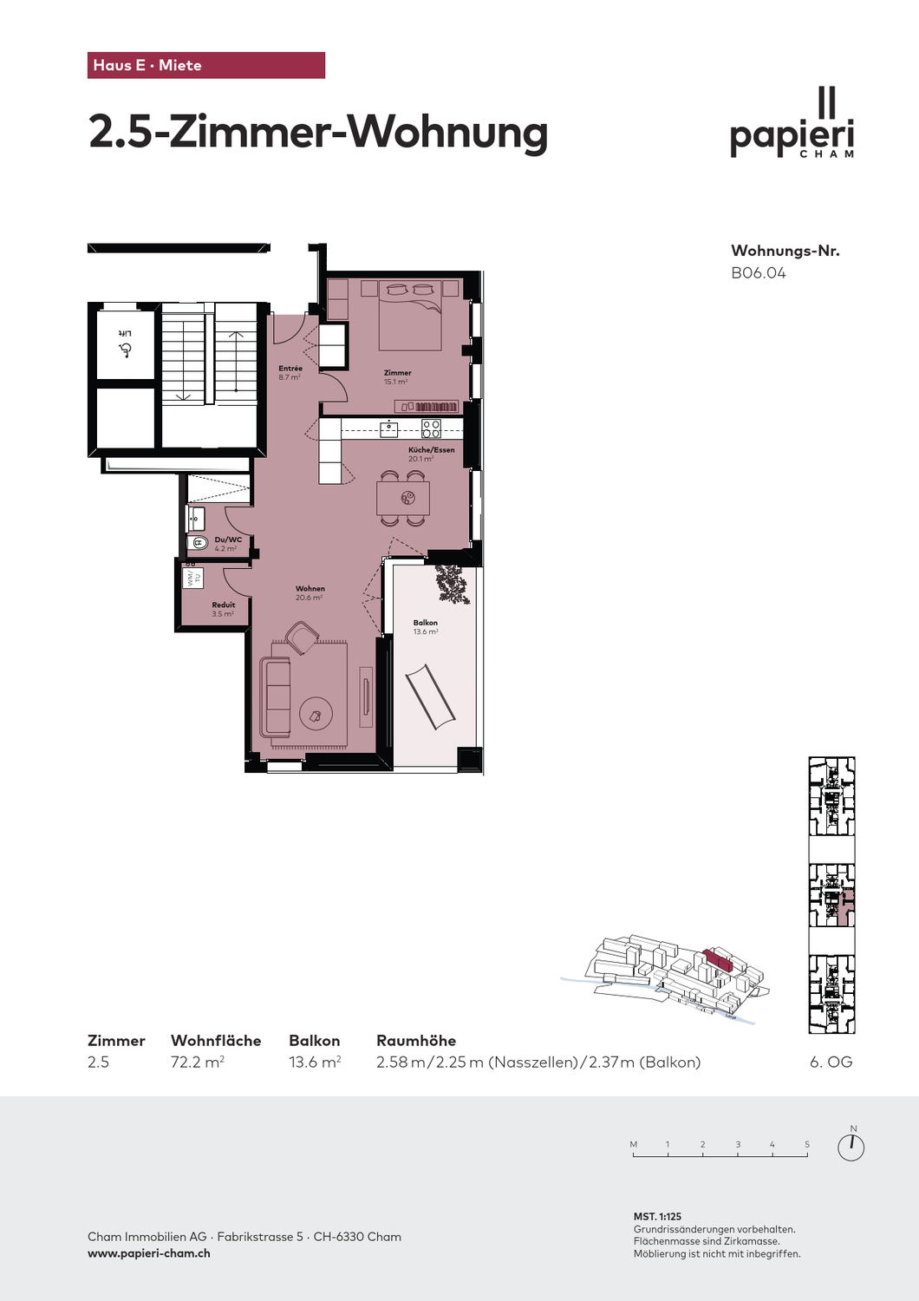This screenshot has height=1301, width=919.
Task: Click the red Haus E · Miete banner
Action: click(205, 65)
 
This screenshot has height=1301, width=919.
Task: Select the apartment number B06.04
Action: click(758, 273)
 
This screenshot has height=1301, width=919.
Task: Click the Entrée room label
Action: click(290, 369)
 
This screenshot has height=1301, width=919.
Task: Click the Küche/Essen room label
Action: click(431, 450)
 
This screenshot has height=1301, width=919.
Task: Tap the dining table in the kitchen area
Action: click(402, 498)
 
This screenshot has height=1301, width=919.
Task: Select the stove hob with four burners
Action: click(431, 428)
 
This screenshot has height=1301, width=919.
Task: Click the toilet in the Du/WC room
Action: click(198, 543)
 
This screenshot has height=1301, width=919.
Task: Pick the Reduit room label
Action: click(223, 605)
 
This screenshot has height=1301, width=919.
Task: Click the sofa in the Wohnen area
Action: click(276, 697)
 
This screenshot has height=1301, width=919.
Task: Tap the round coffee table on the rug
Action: click(315, 714)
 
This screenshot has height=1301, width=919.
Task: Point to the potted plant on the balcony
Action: click(452, 584)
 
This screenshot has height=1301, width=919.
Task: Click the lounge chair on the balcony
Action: click(430, 696)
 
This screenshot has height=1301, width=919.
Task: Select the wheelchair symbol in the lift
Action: click(126, 350)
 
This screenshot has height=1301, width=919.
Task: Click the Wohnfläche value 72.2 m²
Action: click(198, 1062)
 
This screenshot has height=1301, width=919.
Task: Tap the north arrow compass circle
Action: click(851, 1147)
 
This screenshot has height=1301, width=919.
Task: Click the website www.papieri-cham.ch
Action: click(149, 1253)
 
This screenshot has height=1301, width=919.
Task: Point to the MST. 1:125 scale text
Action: click(657, 1217)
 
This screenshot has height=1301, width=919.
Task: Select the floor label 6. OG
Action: click(831, 1062)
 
